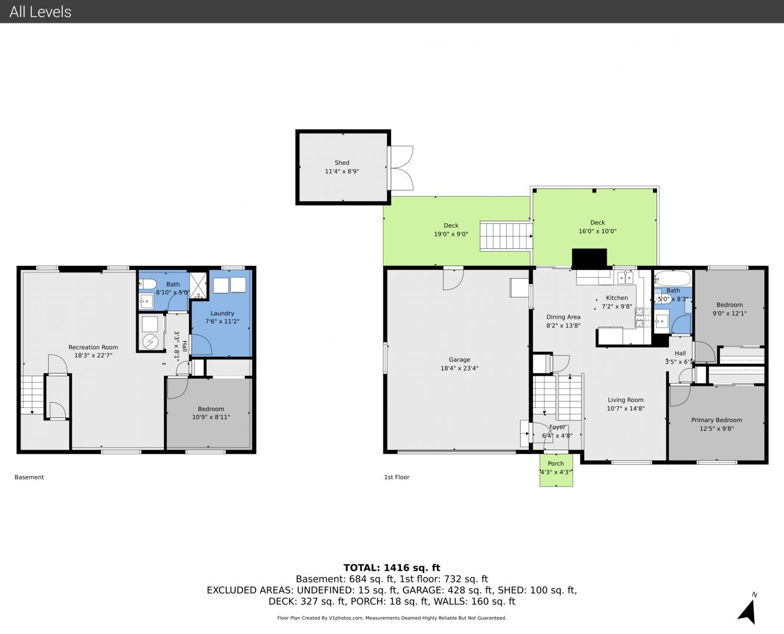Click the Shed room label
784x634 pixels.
pyautogui.click(x=342, y=163)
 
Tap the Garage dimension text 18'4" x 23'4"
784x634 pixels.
pyautogui.click(x=459, y=368)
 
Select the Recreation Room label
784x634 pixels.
pyautogui.click(x=93, y=347)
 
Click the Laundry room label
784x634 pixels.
pyautogui.click(x=222, y=313)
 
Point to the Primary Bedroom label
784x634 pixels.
pyautogui.click(x=716, y=420)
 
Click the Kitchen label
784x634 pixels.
pyautogui.click(x=617, y=298)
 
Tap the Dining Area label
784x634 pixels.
pyautogui.click(x=563, y=317)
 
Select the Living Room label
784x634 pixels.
pyautogui.click(x=625, y=400)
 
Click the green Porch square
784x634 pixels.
pyautogui.click(x=556, y=470)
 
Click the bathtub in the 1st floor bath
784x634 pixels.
pyautogui.click(x=672, y=278)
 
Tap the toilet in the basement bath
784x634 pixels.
pyautogui.click(x=148, y=284)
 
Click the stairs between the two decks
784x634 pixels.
pyautogui.click(x=506, y=236)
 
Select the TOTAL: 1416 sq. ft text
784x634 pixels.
pyautogui.click(x=392, y=568)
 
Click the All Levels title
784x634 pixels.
pyautogui.click(x=40, y=12)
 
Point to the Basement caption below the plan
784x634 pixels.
pyautogui.click(x=29, y=477)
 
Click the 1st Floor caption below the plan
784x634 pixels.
pyautogui.click(x=396, y=477)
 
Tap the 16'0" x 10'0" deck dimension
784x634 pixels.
pyautogui.click(x=597, y=231)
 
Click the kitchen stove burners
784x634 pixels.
pyautogui.click(x=643, y=318)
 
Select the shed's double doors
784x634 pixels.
pyautogui.click(x=401, y=168)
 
